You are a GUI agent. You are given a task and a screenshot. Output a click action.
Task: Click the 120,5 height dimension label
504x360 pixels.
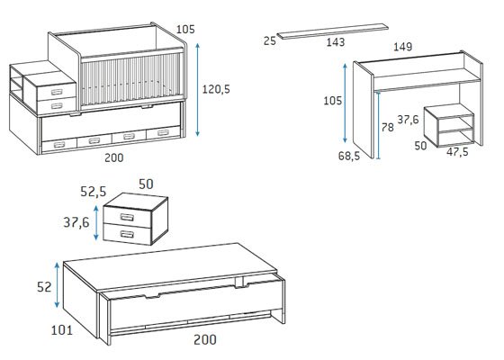click(x=216, y=89)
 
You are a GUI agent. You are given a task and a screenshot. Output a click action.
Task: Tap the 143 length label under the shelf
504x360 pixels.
click(x=336, y=42)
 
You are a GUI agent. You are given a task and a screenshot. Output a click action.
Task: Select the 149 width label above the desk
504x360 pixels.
click(x=403, y=47)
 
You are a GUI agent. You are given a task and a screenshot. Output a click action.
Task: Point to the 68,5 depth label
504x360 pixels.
click(x=349, y=157)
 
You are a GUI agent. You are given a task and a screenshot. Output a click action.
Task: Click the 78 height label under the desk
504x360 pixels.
click(x=387, y=128)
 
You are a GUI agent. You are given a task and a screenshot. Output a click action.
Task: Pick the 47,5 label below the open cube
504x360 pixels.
click(x=457, y=152)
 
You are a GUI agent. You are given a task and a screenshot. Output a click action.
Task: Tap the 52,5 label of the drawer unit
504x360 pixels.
click(x=94, y=192)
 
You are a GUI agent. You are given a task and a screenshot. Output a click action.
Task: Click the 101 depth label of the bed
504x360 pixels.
click(x=62, y=330)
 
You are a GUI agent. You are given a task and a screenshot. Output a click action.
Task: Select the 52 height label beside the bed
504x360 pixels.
click(x=44, y=287)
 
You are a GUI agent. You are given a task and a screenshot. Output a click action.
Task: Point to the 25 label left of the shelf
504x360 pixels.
click(x=270, y=40)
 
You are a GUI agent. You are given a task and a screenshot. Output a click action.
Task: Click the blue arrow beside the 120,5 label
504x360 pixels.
click(x=197, y=90)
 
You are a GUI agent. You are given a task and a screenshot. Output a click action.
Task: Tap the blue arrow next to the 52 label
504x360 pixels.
click(x=57, y=285)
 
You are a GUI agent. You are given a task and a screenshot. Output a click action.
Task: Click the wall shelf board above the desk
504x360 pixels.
click(x=333, y=31)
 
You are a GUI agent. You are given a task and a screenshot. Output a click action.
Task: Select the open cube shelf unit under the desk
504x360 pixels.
click(x=449, y=125)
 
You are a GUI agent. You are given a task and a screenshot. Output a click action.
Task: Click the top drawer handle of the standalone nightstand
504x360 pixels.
click(x=127, y=217)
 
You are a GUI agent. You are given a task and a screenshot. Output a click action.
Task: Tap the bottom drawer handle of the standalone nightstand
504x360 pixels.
click(x=127, y=234)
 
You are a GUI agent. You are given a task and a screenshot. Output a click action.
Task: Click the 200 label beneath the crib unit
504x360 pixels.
click(x=114, y=157)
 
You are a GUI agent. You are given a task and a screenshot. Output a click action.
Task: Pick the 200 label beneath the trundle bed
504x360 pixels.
click(x=205, y=340)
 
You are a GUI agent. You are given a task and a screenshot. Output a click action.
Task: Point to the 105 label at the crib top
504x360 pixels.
click(x=185, y=29)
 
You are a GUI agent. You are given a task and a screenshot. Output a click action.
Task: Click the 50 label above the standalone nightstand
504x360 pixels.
click(x=146, y=184)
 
